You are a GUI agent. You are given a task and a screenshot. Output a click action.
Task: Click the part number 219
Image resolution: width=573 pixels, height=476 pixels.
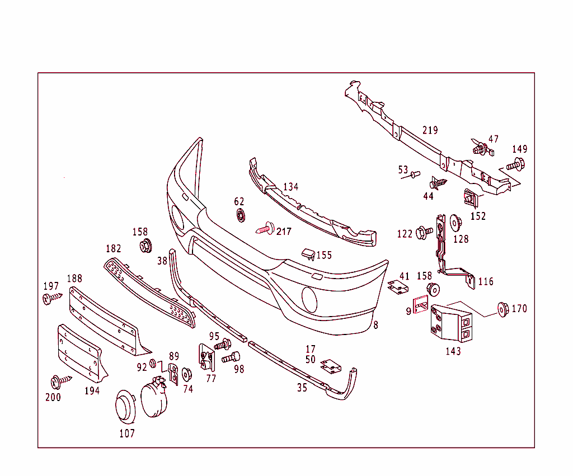pyautogui.click(x=430, y=130)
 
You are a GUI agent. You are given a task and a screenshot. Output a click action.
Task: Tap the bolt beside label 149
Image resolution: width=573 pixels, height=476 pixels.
pyautogui.click(x=515, y=165)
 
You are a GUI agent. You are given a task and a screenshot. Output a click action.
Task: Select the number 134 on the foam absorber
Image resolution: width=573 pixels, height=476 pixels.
pyautogui.click(x=290, y=187)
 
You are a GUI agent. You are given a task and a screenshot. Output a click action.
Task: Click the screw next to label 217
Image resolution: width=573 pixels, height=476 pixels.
pyautogui.click(x=265, y=228)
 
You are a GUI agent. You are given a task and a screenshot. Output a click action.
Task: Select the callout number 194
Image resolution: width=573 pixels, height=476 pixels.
pyautogui.click(x=92, y=390)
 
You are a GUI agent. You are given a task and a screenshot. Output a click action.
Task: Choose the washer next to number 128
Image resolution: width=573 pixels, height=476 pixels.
pyautogui.click(x=455, y=223)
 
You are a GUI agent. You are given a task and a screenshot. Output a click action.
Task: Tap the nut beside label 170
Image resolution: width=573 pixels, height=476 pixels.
pyautogui.click(x=502, y=309)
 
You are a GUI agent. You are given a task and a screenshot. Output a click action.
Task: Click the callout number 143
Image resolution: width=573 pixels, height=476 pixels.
pyautogui.click(x=453, y=351)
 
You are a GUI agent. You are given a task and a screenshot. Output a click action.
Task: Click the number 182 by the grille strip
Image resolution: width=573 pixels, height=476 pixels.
pyautogui.click(x=113, y=248)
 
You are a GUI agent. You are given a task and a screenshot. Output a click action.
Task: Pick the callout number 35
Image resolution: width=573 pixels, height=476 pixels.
pyautogui.click(x=302, y=388)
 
